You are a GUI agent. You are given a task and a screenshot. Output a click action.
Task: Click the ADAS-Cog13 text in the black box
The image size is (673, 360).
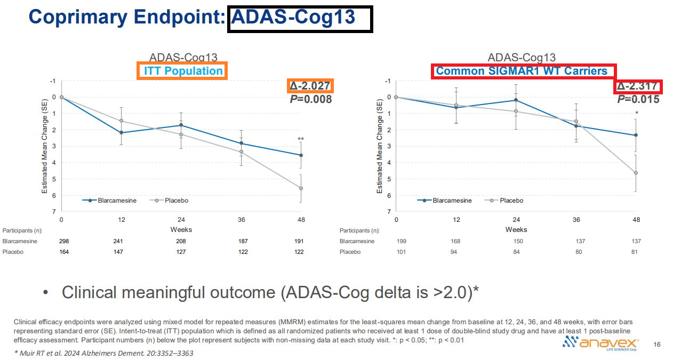(293, 17)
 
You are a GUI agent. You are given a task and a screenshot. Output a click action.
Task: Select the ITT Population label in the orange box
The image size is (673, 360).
(183, 71)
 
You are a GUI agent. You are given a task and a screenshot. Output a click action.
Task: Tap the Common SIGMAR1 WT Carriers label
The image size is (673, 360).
(521, 71)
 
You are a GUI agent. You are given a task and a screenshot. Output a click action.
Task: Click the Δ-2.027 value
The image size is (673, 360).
(310, 86)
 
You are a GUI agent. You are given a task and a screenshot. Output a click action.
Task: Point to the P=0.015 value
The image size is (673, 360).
(638, 99)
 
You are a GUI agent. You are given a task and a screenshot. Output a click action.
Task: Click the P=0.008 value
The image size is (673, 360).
(310, 99)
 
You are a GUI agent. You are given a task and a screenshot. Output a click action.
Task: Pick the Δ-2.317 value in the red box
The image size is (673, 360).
(638, 86)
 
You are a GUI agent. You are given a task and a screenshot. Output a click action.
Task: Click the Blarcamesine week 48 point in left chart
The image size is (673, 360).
(301, 155)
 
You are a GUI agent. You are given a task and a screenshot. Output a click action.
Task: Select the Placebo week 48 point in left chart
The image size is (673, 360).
(301, 188)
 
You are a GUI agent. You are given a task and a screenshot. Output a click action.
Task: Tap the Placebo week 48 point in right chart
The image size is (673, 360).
(636, 173)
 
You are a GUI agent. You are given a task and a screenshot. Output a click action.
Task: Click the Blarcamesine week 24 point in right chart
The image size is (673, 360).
(516, 100)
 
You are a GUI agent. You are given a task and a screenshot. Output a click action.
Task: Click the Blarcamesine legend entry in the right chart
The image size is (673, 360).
(446, 201)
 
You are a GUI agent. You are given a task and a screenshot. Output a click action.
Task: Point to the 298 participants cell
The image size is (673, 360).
(63, 241)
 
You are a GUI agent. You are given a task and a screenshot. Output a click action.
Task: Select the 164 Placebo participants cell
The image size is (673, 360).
(63, 252)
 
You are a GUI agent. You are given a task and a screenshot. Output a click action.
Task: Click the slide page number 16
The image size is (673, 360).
(656, 345)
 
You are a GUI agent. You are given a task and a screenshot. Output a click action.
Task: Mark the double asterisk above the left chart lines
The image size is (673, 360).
(301, 140)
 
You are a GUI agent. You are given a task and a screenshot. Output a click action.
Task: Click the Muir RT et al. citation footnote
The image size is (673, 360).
(103, 353)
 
